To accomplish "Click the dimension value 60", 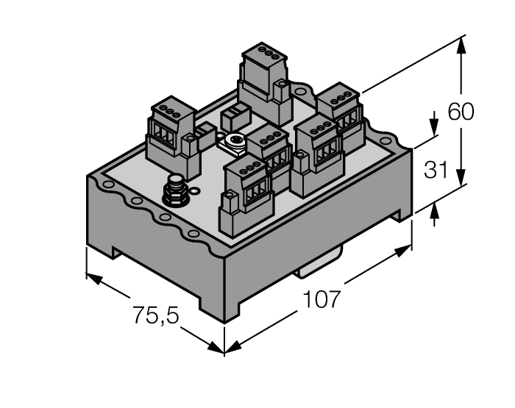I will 461,112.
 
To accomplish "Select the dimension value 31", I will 436,171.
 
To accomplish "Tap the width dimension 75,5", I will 157,315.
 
